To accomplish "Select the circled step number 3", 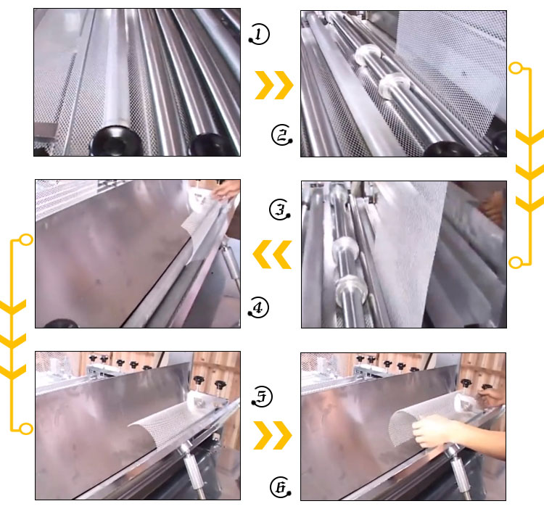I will pyautogui.click(x=279, y=210).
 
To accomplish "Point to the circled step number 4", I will pyautogui.click(x=258, y=308).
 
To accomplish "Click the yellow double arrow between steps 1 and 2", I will pyautogui.click(x=273, y=85).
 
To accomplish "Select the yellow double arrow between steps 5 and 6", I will pyautogui.click(x=273, y=436).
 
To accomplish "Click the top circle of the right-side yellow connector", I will pyautogui.click(x=516, y=69).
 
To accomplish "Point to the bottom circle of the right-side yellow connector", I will pyautogui.click(x=516, y=262).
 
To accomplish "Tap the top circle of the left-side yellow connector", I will pyautogui.click(x=26, y=240).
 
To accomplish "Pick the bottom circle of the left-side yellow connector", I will pyautogui.click(x=26, y=429).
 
